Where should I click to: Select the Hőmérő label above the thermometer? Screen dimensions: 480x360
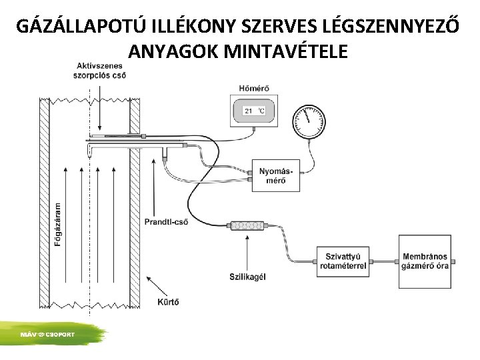click(251, 89)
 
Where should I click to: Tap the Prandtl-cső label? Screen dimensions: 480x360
click(166, 221)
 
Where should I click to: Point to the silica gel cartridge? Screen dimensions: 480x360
click(247, 227)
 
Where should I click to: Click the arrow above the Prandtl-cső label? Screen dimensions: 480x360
click(156, 187)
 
